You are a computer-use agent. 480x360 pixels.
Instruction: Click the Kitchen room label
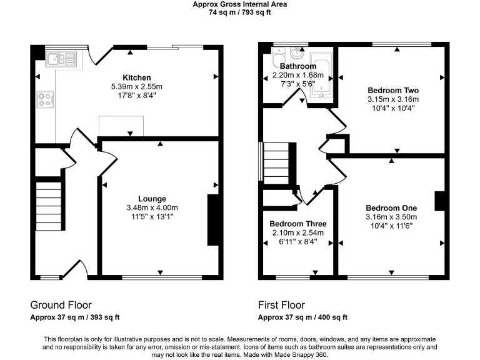[x=136, y=77]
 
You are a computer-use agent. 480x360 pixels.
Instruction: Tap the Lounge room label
[x=152, y=199]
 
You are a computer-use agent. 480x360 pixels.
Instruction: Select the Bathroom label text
[x=297, y=66]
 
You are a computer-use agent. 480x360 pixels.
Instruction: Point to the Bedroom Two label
[x=392, y=89]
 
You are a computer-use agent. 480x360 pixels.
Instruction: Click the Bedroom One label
[x=391, y=208]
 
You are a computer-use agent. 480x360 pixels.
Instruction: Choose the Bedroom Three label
[x=298, y=224]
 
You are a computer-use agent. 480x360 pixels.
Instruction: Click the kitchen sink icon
[x=61, y=59]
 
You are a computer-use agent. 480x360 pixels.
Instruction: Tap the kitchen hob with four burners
[x=46, y=99]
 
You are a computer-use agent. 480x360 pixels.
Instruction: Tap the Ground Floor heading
[x=61, y=305]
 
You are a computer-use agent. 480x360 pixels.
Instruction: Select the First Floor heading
[x=281, y=305]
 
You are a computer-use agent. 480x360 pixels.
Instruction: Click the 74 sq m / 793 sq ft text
[x=240, y=12]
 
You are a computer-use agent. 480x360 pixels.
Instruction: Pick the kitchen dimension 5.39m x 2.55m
[x=136, y=86]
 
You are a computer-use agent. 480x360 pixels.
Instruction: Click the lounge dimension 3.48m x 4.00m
[x=152, y=208]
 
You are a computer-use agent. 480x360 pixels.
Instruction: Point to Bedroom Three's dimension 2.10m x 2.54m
[x=298, y=232]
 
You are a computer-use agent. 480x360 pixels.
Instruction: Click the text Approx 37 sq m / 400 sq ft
[x=302, y=317]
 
